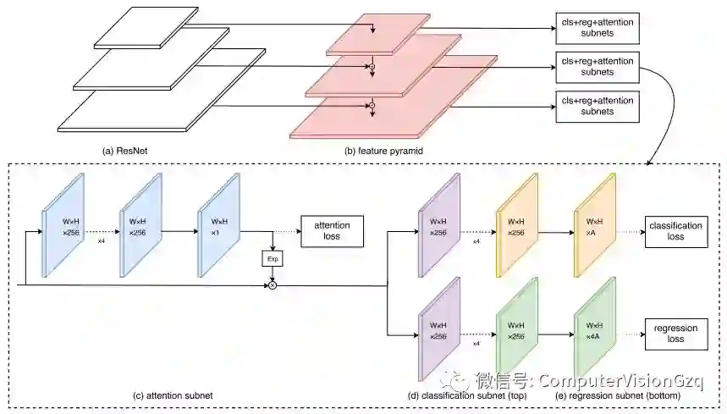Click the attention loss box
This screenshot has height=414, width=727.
(332, 229)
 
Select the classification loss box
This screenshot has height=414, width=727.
(675, 231)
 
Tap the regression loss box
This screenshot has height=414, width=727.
(675, 333)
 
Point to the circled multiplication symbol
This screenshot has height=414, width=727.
(273, 285)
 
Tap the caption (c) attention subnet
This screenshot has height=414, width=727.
(173, 395)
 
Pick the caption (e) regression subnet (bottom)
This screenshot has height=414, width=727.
(608, 395)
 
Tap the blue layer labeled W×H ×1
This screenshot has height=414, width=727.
(218, 226)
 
